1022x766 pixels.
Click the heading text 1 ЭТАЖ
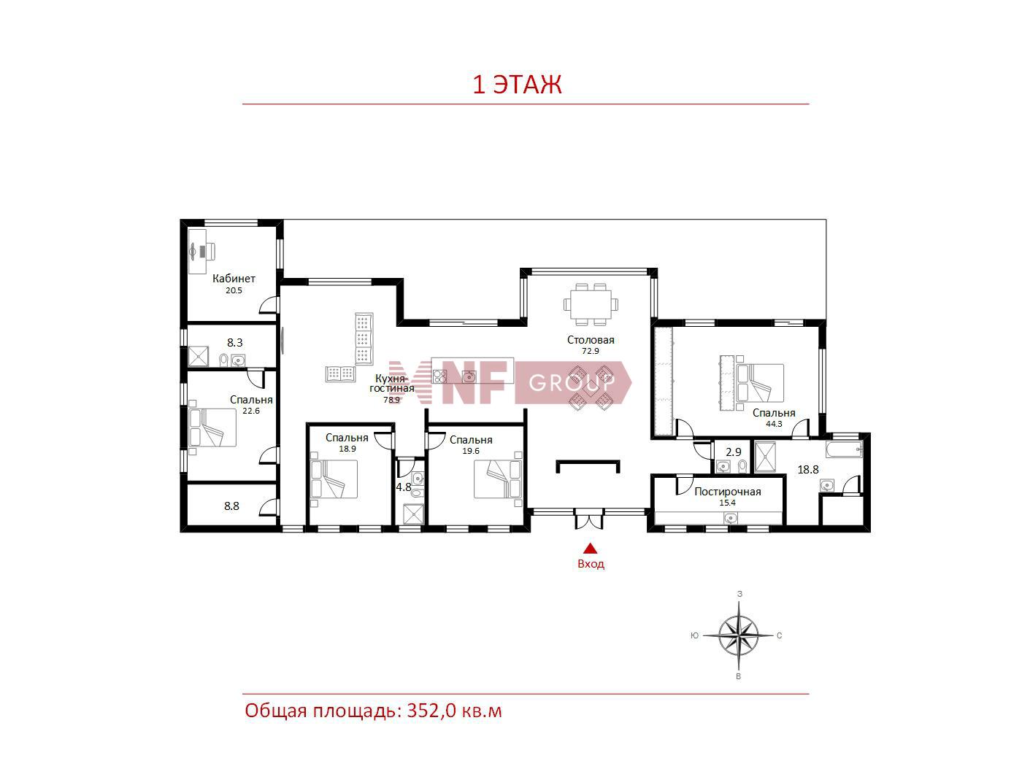pyautogui.click(x=517, y=85)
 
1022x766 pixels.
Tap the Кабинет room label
pyautogui.click(x=234, y=279)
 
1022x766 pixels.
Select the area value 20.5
pyautogui.click(x=234, y=290)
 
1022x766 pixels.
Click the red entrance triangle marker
pyautogui.click(x=591, y=549)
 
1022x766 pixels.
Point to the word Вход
pyautogui.click(x=591, y=564)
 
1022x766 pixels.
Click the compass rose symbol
pyautogui.click(x=739, y=635)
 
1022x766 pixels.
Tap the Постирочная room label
pyautogui.click(x=727, y=492)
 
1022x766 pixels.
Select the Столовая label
pyautogui.click(x=591, y=340)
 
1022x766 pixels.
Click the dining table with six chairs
pyautogui.click(x=591, y=304)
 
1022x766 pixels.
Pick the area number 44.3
pyautogui.click(x=774, y=424)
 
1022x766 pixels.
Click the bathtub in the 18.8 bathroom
pyautogui.click(x=844, y=449)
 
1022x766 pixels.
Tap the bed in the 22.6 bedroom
pyautogui.click(x=212, y=428)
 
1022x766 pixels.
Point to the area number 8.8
pyautogui.click(x=231, y=506)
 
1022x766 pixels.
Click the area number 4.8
pyautogui.click(x=403, y=487)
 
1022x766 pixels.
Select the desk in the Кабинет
pyautogui.click(x=197, y=251)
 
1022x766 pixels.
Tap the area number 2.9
pyautogui.click(x=734, y=452)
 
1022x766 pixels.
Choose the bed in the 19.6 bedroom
pyautogui.click(x=498, y=479)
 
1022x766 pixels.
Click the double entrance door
pyautogui.click(x=589, y=519)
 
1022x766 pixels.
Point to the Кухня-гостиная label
pyautogui.click(x=391, y=383)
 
